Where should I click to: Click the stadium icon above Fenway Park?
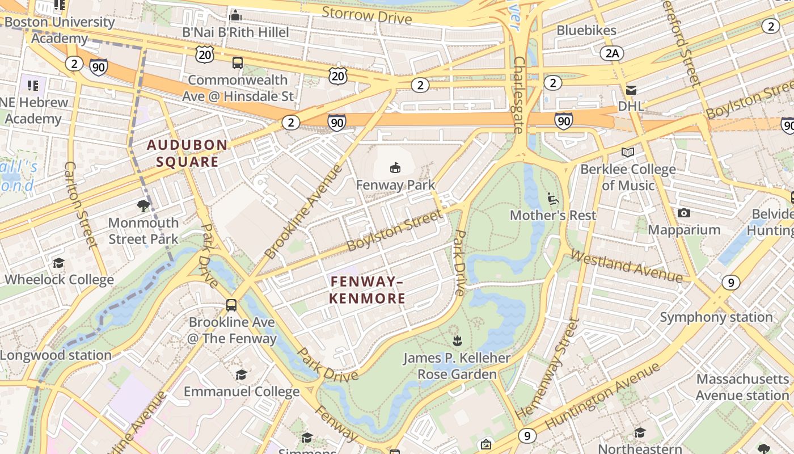[395, 167]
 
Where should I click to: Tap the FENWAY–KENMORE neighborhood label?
[368, 290]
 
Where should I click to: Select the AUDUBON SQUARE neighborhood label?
[188, 153]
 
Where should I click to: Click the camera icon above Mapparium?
[684, 213]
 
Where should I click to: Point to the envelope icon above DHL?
[631, 90]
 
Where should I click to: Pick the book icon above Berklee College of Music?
[627, 152]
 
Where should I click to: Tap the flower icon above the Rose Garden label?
[457, 340]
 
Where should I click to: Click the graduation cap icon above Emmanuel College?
[242, 375]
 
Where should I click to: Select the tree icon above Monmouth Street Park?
[143, 205]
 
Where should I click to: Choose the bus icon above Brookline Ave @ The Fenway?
[231, 305]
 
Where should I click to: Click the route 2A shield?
[612, 53]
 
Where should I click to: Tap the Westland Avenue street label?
[626, 266]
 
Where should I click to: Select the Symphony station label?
[716, 317]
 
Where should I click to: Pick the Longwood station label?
[56, 355]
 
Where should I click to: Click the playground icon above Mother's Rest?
[553, 198]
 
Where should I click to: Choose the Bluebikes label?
[586, 30]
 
